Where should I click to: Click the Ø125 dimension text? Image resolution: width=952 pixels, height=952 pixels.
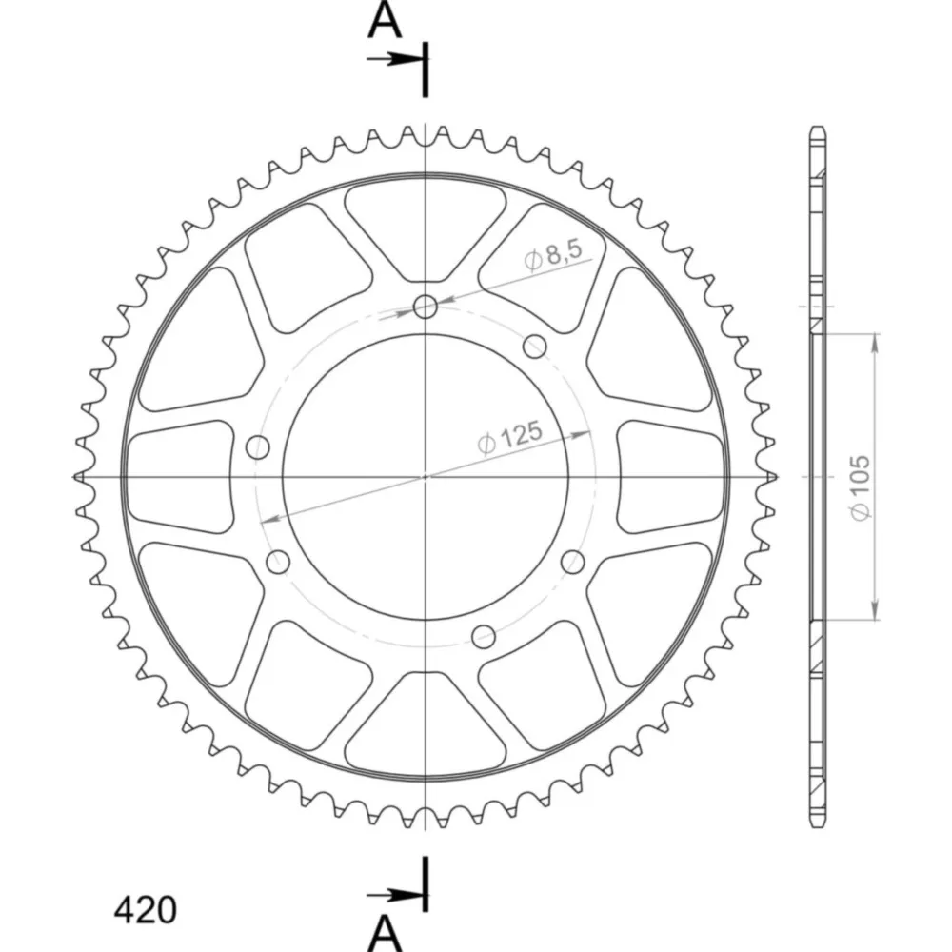pyautogui.click(x=509, y=437)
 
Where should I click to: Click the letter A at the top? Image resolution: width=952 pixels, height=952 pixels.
pyautogui.click(x=385, y=21)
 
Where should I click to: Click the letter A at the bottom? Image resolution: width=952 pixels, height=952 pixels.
pyautogui.click(x=385, y=934)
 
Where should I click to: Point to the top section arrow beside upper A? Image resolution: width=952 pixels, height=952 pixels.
pyautogui.click(x=395, y=59)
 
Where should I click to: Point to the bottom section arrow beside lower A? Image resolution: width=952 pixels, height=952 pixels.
pyautogui.click(x=395, y=894)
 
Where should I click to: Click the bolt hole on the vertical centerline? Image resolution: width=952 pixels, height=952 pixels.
pyautogui.click(x=426, y=307)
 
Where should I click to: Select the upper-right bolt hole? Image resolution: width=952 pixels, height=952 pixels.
pyautogui.click(x=534, y=347)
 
